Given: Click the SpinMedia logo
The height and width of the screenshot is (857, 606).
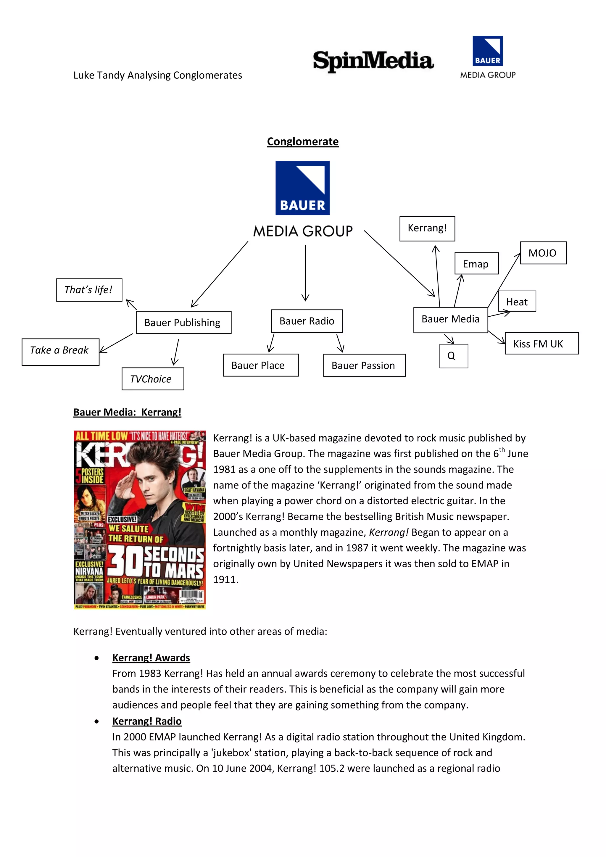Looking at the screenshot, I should [x=373, y=61].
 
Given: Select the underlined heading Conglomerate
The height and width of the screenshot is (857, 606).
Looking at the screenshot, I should [x=303, y=141].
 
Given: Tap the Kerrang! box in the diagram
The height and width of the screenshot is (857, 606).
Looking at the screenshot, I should [x=427, y=228].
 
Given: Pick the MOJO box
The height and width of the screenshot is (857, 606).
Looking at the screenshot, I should [x=543, y=253].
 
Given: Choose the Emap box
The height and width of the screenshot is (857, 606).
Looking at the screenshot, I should [x=476, y=263].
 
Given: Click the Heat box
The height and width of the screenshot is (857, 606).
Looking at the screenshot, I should [x=517, y=301].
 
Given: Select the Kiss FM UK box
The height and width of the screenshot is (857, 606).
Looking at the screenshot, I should [x=541, y=343].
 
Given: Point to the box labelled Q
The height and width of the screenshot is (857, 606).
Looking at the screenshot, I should [x=453, y=356].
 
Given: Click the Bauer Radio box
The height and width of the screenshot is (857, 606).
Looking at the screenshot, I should [x=307, y=321].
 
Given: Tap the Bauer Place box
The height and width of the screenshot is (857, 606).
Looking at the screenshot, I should [x=260, y=365].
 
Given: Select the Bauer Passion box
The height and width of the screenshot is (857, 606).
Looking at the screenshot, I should [x=364, y=365].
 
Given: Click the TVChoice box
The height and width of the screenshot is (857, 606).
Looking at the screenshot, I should [x=153, y=379].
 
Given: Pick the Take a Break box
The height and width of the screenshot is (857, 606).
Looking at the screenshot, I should [x=60, y=352].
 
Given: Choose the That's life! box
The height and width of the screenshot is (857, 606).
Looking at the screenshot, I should [x=89, y=290].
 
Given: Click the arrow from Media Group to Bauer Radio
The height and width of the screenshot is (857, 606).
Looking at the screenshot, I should [x=305, y=273].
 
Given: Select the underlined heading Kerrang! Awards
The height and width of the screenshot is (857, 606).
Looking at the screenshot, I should [x=151, y=657].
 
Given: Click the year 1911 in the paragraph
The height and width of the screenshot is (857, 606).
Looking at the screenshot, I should [x=225, y=579].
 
